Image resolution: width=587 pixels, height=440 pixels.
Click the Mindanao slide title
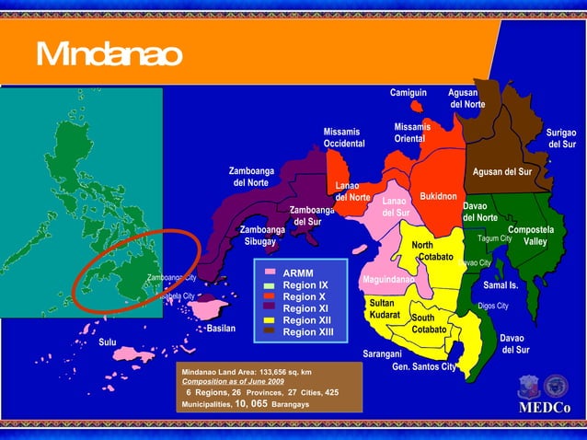109,55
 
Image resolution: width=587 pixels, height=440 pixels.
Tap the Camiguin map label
409,93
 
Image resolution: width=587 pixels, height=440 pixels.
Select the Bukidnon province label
438,197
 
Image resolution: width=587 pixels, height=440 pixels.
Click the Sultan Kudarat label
384,309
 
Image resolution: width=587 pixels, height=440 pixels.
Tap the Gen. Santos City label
424,366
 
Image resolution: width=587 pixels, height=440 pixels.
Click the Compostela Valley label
531,236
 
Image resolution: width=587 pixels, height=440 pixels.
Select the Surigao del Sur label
561,139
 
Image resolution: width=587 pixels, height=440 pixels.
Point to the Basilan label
222,328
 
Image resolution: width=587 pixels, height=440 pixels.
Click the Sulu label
108,342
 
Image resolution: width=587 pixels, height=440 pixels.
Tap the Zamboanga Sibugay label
260,236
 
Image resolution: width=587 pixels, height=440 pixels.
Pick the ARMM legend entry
298,273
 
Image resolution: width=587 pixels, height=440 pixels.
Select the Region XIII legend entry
308,331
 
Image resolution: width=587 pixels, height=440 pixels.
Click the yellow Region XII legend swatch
270,319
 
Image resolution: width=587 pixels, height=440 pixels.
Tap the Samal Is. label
501,285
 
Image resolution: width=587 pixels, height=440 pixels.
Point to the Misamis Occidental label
345,137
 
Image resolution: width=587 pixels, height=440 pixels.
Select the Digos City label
493,306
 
